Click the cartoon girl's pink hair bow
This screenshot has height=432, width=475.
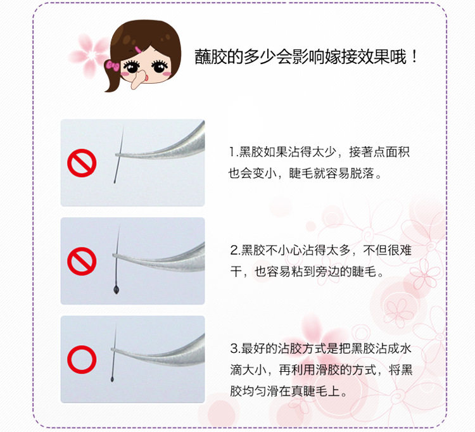coord(112,65)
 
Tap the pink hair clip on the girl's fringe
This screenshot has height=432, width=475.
coord(139,49)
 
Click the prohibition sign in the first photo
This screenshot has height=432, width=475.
coord(82,163)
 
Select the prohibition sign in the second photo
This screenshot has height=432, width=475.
coord(82,261)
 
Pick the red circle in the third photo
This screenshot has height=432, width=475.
coord(82,359)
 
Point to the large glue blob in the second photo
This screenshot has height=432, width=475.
coord(117,290)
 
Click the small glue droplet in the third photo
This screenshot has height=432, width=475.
coord(112,379)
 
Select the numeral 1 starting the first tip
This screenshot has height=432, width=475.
coord(232,152)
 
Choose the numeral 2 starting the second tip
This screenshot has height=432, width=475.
coord(234,251)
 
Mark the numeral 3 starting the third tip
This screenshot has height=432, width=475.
coord(234,348)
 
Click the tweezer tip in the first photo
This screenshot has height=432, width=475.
coord(117,155)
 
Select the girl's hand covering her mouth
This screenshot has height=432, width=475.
coord(139,79)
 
